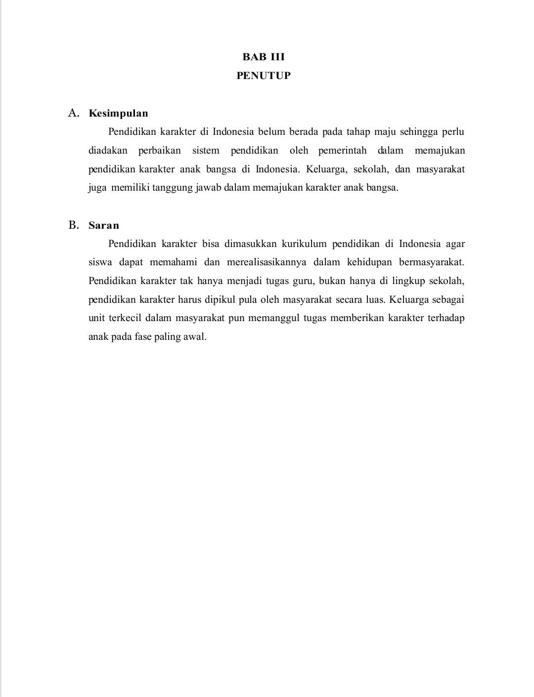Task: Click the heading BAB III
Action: [x=264, y=57]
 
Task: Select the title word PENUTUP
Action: [x=264, y=76]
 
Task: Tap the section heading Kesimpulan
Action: [x=118, y=113]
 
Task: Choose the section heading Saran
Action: [x=104, y=225]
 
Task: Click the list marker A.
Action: [x=74, y=113]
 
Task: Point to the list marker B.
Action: [x=74, y=225]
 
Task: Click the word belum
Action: [x=271, y=132]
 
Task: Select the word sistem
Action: [x=206, y=151]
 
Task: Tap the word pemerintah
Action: [x=343, y=151]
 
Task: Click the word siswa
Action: [x=100, y=262]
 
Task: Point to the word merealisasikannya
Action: [x=267, y=262]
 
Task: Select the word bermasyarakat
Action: [x=431, y=262]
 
